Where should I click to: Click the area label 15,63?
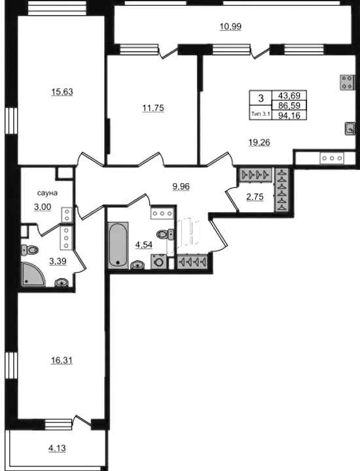pyautogui.click(x=62, y=92)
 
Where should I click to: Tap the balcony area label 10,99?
pyautogui.click(x=230, y=27)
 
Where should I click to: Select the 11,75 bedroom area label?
pyautogui.click(x=153, y=108)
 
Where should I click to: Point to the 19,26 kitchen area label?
pyautogui.click(x=259, y=143)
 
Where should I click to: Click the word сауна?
pyautogui.click(x=47, y=193)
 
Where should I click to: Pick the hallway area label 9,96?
pyautogui.click(x=181, y=187)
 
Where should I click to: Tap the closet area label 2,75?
pyautogui.click(x=255, y=197)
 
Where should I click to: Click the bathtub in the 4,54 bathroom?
pyautogui.click(x=118, y=244)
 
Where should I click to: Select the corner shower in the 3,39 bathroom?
pyautogui.click(x=33, y=275)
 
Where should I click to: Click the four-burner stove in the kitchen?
pyautogui.click(x=346, y=82)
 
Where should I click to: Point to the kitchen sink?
pyautogui.click(x=350, y=129)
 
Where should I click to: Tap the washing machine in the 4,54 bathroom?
pyautogui.click(x=158, y=261)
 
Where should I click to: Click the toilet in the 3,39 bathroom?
pyautogui.click(x=29, y=249)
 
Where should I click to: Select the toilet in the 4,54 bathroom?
pyautogui.click(x=165, y=234)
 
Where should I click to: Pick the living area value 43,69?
pyautogui.click(x=289, y=96)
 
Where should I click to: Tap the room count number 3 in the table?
pyautogui.click(x=261, y=98)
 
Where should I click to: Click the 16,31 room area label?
pyautogui.click(x=62, y=360)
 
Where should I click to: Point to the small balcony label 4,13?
pyautogui.click(x=57, y=448)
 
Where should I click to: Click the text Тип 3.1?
pyautogui.click(x=261, y=114)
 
